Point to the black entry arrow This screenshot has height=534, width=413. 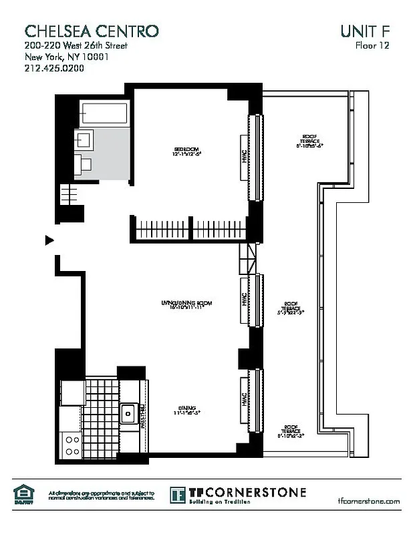coord(49,240)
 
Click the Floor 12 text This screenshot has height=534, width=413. coord(372,45)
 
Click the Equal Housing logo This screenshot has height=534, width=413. coord(23,494)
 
